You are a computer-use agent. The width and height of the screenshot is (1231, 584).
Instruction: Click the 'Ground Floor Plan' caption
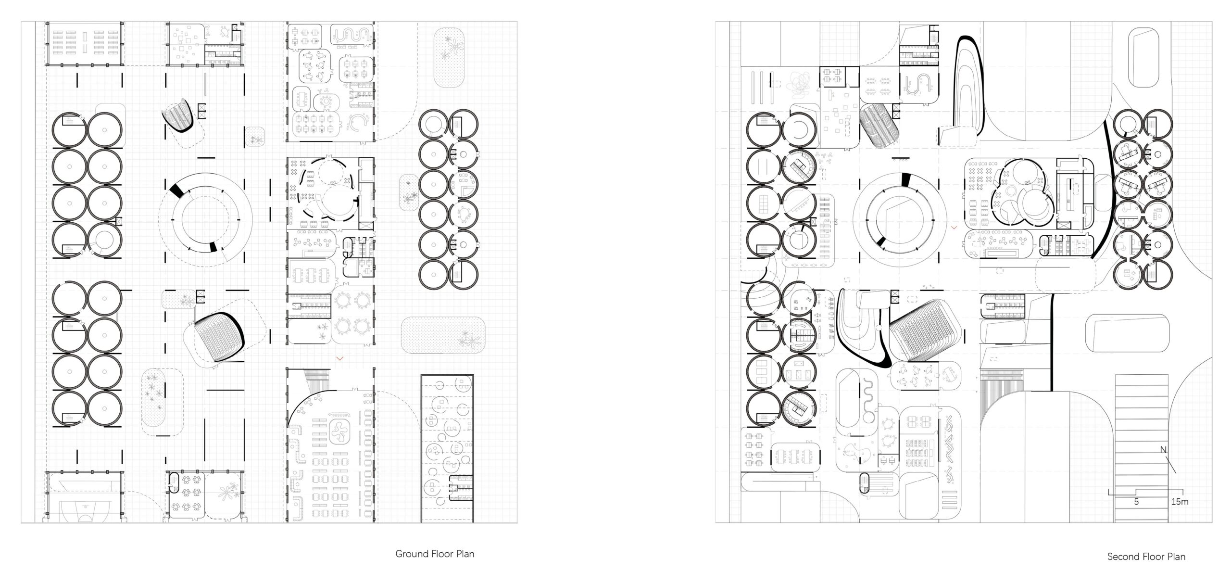coord(435,554)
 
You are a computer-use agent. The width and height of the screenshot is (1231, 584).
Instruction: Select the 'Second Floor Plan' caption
coord(1146,557)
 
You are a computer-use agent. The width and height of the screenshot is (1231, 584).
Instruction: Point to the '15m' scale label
coord(1180,502)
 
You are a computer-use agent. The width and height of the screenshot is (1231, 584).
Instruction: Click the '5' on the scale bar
coord(1136,502)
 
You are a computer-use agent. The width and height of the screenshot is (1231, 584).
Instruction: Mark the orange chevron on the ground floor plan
coord(340,358)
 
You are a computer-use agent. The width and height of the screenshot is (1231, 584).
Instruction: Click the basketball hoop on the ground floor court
coord(85,506)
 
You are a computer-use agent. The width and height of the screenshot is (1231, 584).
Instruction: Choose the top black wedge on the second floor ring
coord(905,179)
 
